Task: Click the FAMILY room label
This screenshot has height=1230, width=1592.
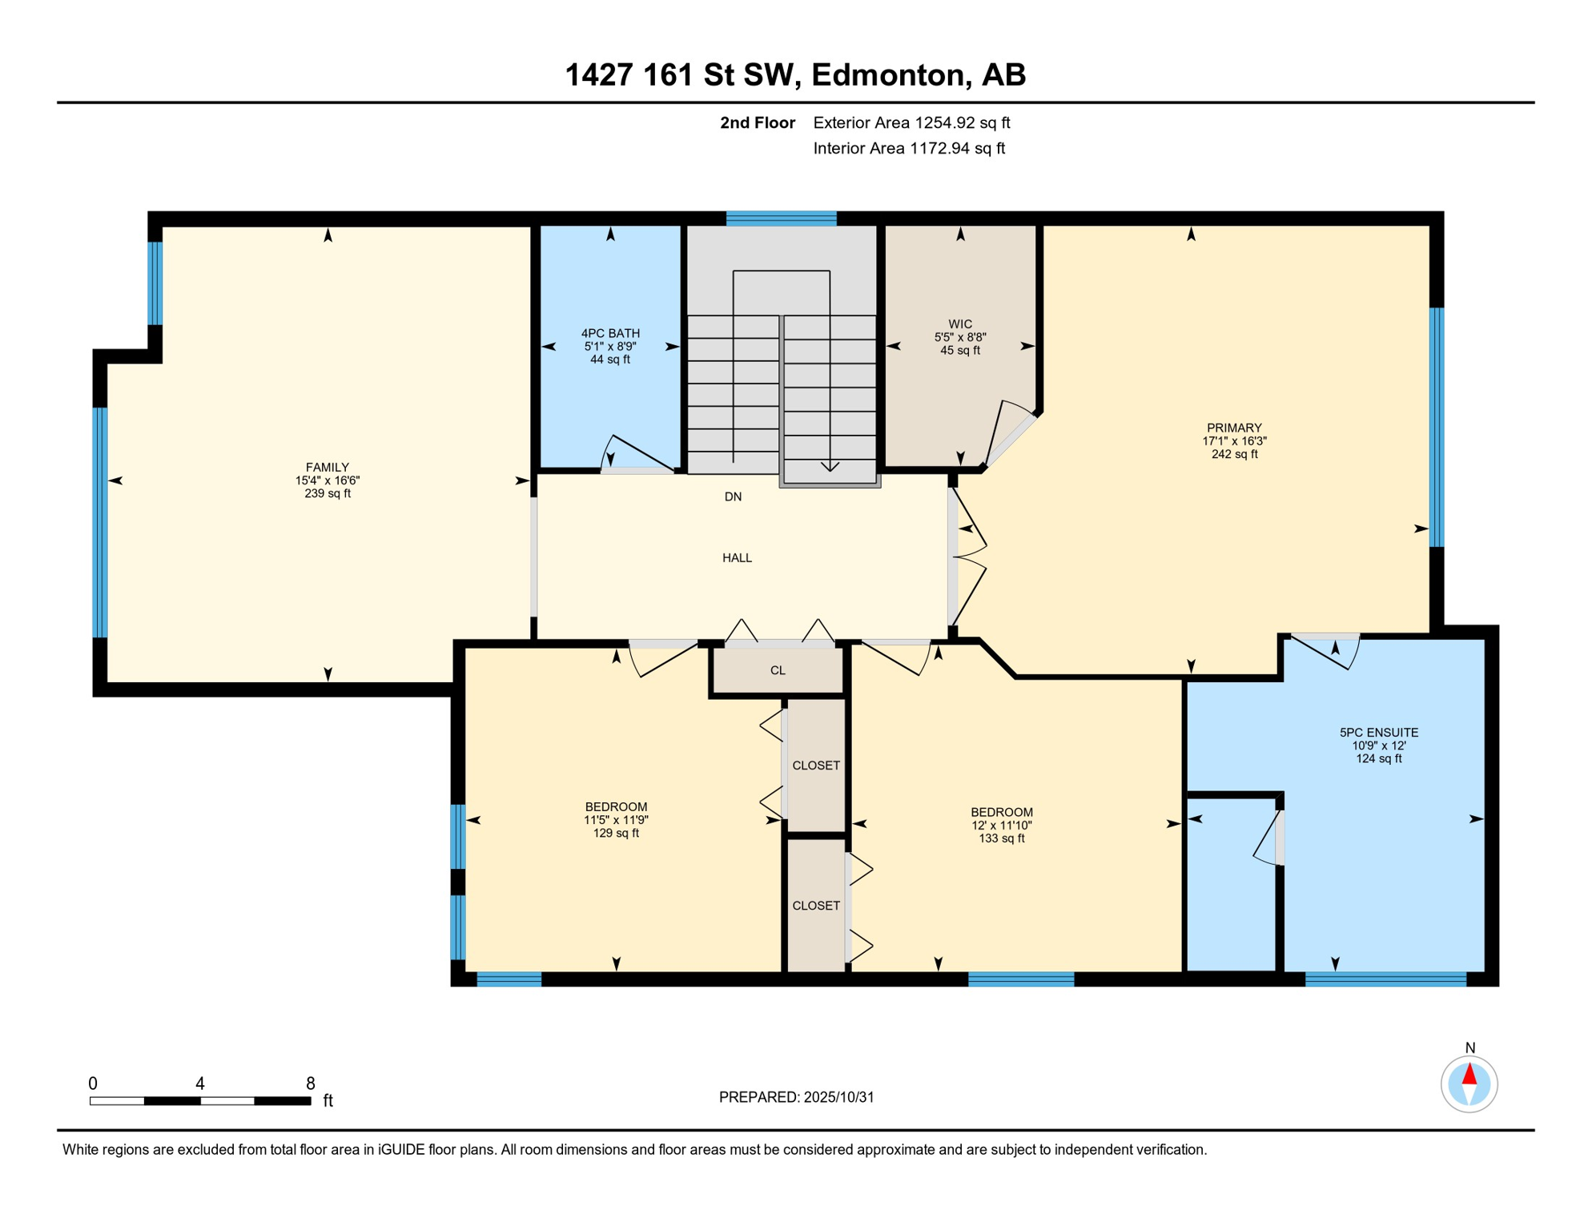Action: (x=327, y=467)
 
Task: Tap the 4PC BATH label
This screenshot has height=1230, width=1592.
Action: (x=610, y=333)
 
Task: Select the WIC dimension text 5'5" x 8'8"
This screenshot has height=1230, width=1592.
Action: (x=960, y=337)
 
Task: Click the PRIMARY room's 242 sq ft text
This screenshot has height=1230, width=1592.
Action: (x=1234, y=454)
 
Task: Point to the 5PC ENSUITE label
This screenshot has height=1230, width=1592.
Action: (x=1378, y=732)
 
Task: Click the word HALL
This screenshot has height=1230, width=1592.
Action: (x=737, y=557)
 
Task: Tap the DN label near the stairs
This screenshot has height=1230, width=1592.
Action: (x=733, y=496)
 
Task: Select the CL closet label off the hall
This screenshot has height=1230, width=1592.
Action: (x=778, y=670)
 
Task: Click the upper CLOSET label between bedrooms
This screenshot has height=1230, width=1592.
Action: (x=815, y=766)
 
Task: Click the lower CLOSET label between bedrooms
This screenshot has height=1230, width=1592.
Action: (x=815, y=906)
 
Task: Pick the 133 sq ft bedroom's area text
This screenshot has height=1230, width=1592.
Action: (x=1001, y=838)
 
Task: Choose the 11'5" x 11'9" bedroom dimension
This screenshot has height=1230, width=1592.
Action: (x=615, y=820)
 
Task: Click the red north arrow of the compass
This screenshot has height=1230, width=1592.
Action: (x=1469, y=1074)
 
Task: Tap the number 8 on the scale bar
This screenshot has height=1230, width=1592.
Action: (x=311, y=1083)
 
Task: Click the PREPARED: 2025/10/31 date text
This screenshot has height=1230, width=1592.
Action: (x=796, y=1097)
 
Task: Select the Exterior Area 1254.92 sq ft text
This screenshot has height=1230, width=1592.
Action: (x=911, y=123)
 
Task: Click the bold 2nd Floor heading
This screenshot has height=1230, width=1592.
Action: (x=757, y=123)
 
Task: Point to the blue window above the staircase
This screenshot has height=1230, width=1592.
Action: (x=781, y=218)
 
